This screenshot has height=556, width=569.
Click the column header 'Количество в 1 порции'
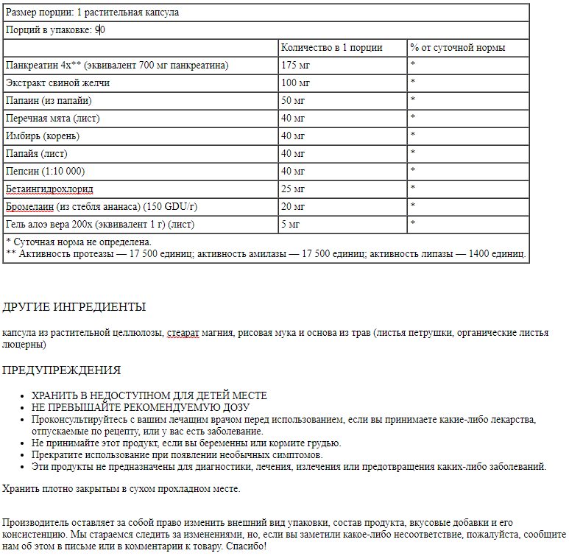point(331,48)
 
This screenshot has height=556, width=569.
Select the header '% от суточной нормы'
point(458,48)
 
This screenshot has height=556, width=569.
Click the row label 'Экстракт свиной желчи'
point(57,83)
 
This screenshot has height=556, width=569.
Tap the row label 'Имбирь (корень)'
point(43,136)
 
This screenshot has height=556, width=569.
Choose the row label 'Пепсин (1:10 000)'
point(45,171)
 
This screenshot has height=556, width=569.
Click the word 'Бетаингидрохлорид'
point(49,189)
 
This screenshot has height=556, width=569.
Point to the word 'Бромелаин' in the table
point(29,206)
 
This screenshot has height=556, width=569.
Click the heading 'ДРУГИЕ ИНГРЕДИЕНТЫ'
point(74,307)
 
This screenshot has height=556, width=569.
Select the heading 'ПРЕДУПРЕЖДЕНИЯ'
point(61,370)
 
